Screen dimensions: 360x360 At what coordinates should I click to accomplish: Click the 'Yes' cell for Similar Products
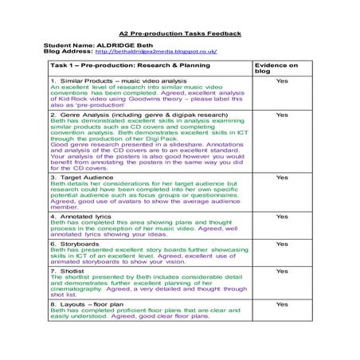pyautogui.click(x=282, y=81)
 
